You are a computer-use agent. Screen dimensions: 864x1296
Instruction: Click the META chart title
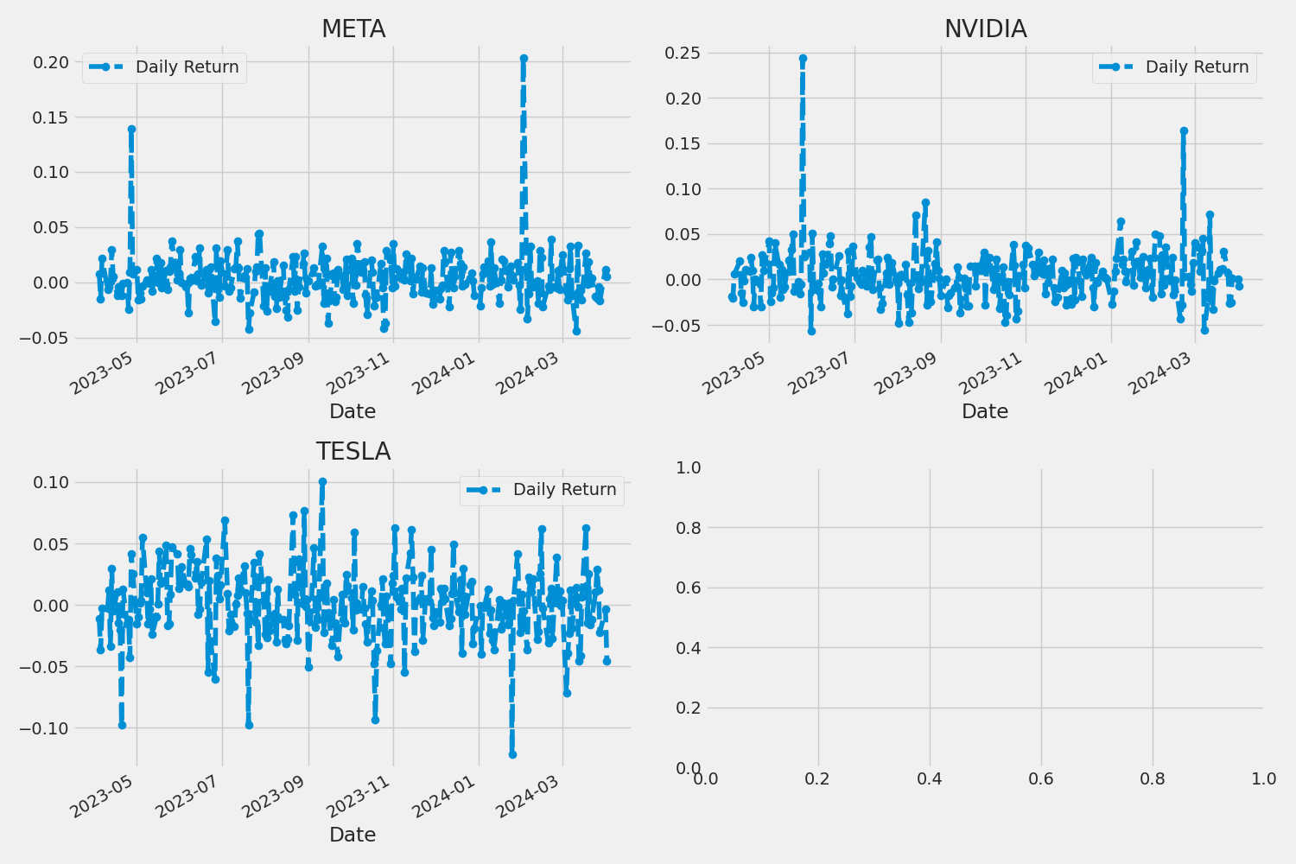click(353, 29)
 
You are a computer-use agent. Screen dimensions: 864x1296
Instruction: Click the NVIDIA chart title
click(985, 29)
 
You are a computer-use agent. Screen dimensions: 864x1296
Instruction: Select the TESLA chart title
click(353, 452)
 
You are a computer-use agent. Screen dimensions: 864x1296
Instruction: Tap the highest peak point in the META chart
click(524, 59)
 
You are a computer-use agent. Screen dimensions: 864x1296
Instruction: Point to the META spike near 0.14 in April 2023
click(131, 130)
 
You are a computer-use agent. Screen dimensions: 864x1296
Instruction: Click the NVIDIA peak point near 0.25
click(803, 59)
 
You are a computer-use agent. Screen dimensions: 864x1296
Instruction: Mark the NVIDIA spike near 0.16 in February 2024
click(1184, 131)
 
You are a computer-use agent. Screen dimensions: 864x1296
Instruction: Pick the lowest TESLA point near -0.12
click(512, 754)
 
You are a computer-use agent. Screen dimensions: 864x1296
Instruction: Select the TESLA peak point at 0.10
click(322, 482)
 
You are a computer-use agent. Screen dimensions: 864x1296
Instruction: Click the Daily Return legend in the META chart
click(164, 67)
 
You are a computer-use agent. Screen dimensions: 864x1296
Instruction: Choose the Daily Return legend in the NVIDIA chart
click(1174, 67)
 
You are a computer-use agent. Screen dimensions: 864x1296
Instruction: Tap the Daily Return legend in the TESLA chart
click(542, 490)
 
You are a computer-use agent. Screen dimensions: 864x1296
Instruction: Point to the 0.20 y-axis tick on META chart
click(51, 62)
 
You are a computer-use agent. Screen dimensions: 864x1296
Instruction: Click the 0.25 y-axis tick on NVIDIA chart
click(683, 54)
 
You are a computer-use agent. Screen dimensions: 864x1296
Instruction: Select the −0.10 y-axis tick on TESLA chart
click(46, 728)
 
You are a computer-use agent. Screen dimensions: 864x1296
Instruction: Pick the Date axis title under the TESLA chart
click(353, 835)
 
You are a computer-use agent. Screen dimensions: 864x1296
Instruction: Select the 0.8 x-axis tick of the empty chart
click(1153, 779)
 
